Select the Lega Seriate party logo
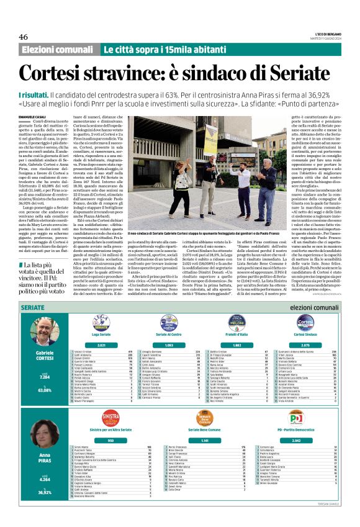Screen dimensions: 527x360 (x=101, y=322)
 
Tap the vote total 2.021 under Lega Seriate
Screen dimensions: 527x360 (x=101, y=345)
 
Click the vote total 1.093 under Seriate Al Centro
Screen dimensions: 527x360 (x=169, y=345)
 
